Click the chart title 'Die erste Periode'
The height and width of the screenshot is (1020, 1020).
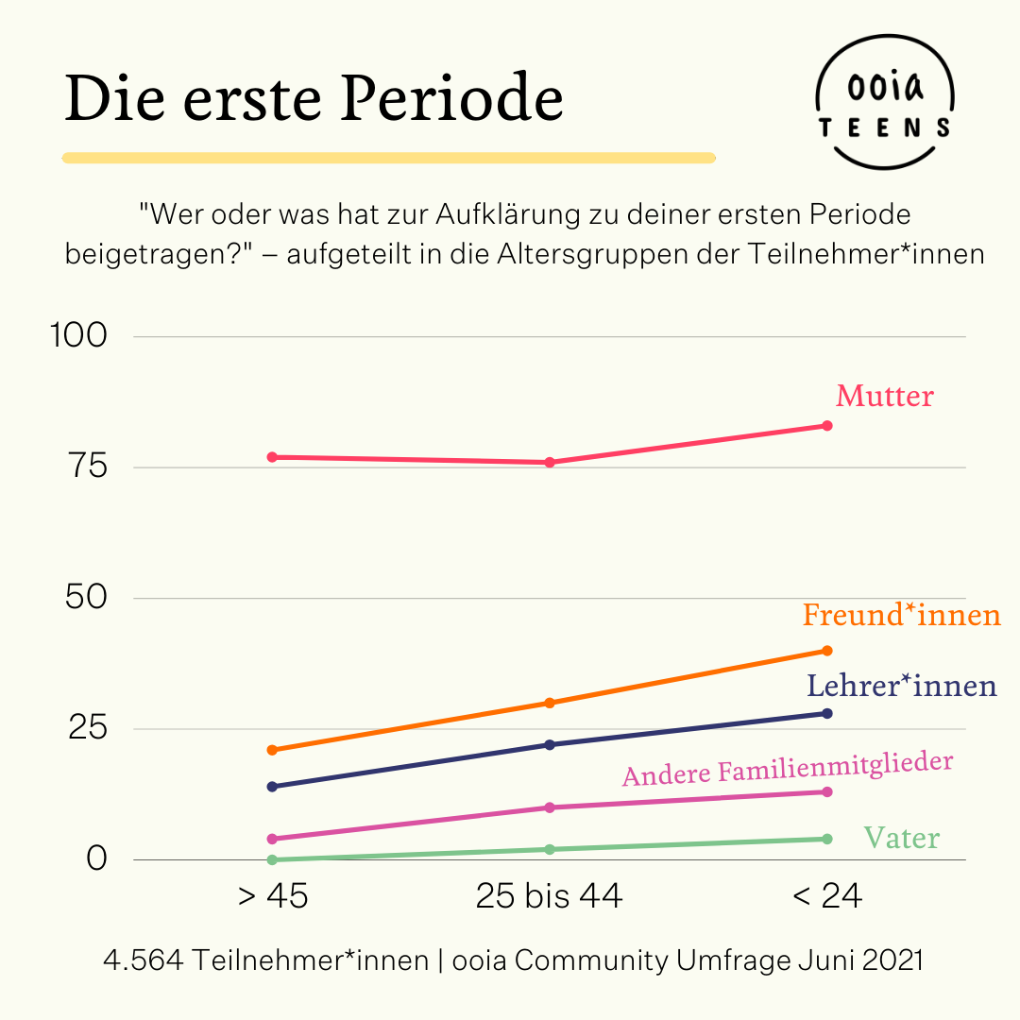pos(314,98)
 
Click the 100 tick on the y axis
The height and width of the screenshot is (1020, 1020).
pos(82,336)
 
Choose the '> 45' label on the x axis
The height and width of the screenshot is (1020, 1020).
pos(273,895)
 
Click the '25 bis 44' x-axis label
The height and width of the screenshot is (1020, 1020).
pos(549,895)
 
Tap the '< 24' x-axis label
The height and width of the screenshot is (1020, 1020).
pos(827,895)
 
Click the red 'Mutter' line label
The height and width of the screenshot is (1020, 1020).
pos(884,396)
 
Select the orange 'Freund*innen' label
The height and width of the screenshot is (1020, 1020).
pos(901,616)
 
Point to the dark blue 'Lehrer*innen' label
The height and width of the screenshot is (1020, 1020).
pos(901,685)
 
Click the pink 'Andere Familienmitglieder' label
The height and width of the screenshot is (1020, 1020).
pos(787,769)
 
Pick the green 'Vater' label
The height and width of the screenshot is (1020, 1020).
pos(901,838)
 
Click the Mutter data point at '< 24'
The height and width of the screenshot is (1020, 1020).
pos(827,426)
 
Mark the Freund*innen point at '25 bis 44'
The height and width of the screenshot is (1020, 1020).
pos(549,703)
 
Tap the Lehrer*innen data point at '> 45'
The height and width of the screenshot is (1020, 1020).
pos(272,787)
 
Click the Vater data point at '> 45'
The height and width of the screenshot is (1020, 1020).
pos(272,859)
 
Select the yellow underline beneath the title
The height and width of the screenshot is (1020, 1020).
pos(388,158)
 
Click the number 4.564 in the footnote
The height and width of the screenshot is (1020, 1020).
pos(144,960)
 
